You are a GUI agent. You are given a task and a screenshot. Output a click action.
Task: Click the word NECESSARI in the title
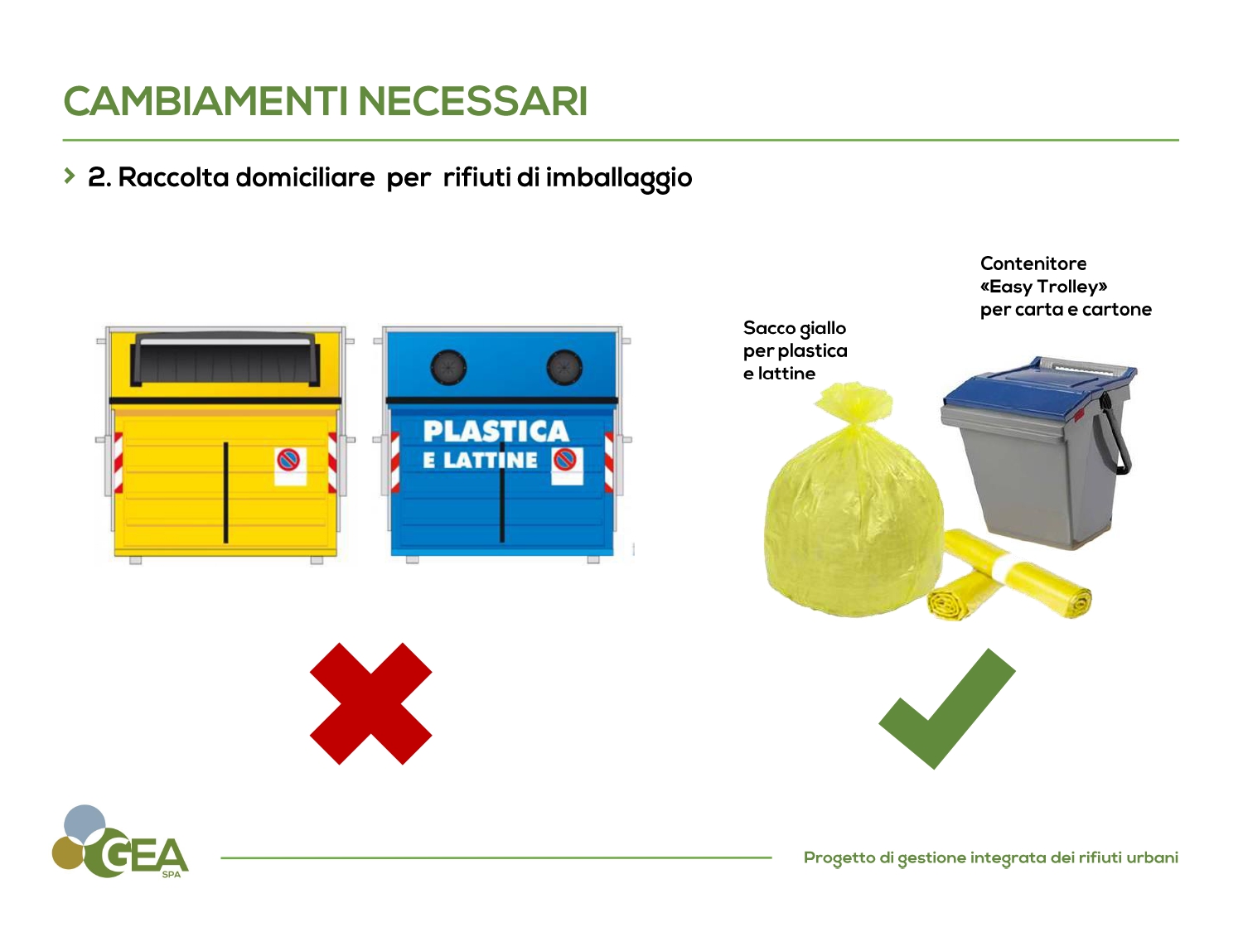click(x=473, y=102)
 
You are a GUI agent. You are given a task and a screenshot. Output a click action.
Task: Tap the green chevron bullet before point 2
click(x=69, y=176)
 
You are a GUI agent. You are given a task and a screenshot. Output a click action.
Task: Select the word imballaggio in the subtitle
click(x=618, y=178)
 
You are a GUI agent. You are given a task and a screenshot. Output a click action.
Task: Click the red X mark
click(x=371, y=703)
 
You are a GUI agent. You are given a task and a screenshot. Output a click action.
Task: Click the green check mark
click(x=947, y=709)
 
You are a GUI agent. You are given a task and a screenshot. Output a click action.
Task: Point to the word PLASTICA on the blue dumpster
click(x=496, y=431)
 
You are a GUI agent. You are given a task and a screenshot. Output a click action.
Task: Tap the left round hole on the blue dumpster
click(x=448, y=368)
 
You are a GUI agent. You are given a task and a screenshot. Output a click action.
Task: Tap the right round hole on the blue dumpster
click(x=564, y=368)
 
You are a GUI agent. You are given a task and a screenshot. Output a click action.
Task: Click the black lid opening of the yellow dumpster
click(x=225, y=360)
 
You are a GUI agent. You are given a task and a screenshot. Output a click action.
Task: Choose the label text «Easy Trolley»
click(x=1043, y=287)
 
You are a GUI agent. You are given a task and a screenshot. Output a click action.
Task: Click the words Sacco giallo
click(x=795, y=329)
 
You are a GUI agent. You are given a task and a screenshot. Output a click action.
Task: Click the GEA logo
click(x=120, y=843)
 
